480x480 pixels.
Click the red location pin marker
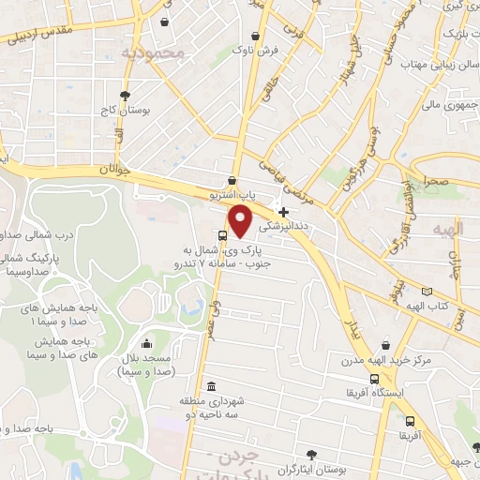(242, 222)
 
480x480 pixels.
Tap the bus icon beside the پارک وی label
(222, 235)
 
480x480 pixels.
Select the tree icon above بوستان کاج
(125, 95)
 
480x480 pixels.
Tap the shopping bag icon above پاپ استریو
(232, 181)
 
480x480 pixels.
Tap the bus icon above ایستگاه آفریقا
(374, 380)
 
